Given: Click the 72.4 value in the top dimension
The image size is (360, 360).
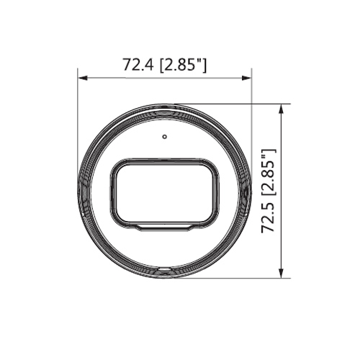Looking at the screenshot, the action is point(138,65).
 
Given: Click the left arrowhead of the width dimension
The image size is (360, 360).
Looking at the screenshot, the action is point(82,78).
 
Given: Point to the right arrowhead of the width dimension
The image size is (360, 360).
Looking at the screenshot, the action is point(247,78).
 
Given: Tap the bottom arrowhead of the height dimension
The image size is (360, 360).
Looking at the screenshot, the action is point(282,274).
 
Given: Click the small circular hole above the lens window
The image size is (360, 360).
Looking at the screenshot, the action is point(164,137).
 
